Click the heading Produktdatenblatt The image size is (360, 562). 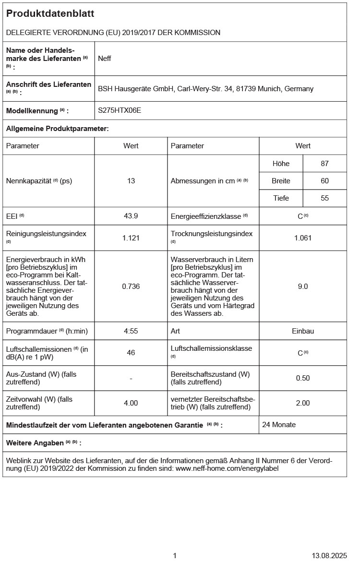50,14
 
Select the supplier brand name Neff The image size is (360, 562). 105,59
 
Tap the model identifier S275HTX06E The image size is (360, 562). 120,110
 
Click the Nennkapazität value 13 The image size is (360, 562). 131,181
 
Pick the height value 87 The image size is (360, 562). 324,163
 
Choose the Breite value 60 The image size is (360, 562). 324,181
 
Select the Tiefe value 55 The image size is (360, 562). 324,198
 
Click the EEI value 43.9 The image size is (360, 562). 131,216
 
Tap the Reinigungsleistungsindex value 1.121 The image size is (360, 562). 131,238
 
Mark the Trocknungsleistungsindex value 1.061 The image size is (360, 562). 303,238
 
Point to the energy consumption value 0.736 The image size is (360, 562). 131,286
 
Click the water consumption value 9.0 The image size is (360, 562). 303,286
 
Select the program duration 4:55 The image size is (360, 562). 131,331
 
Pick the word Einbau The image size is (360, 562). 303,331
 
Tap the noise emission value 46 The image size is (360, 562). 131,352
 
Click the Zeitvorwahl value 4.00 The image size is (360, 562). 131,403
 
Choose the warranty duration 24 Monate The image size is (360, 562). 279,425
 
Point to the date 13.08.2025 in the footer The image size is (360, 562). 329,555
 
